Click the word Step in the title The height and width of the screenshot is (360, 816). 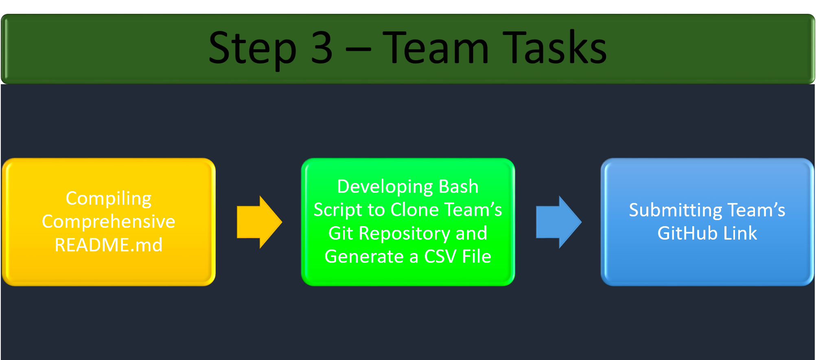(252, 49)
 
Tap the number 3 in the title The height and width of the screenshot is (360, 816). (322, 48)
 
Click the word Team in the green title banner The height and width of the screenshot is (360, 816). (435, 48)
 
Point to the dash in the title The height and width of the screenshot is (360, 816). (358, 51)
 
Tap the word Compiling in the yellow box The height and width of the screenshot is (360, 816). (109, 199)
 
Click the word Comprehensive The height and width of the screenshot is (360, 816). (109, 222)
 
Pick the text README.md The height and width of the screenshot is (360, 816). (109, 245)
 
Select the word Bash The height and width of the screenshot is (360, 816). (459, 187)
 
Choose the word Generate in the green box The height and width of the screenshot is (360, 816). (364, 257)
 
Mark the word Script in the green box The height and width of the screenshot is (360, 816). (338, 210)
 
